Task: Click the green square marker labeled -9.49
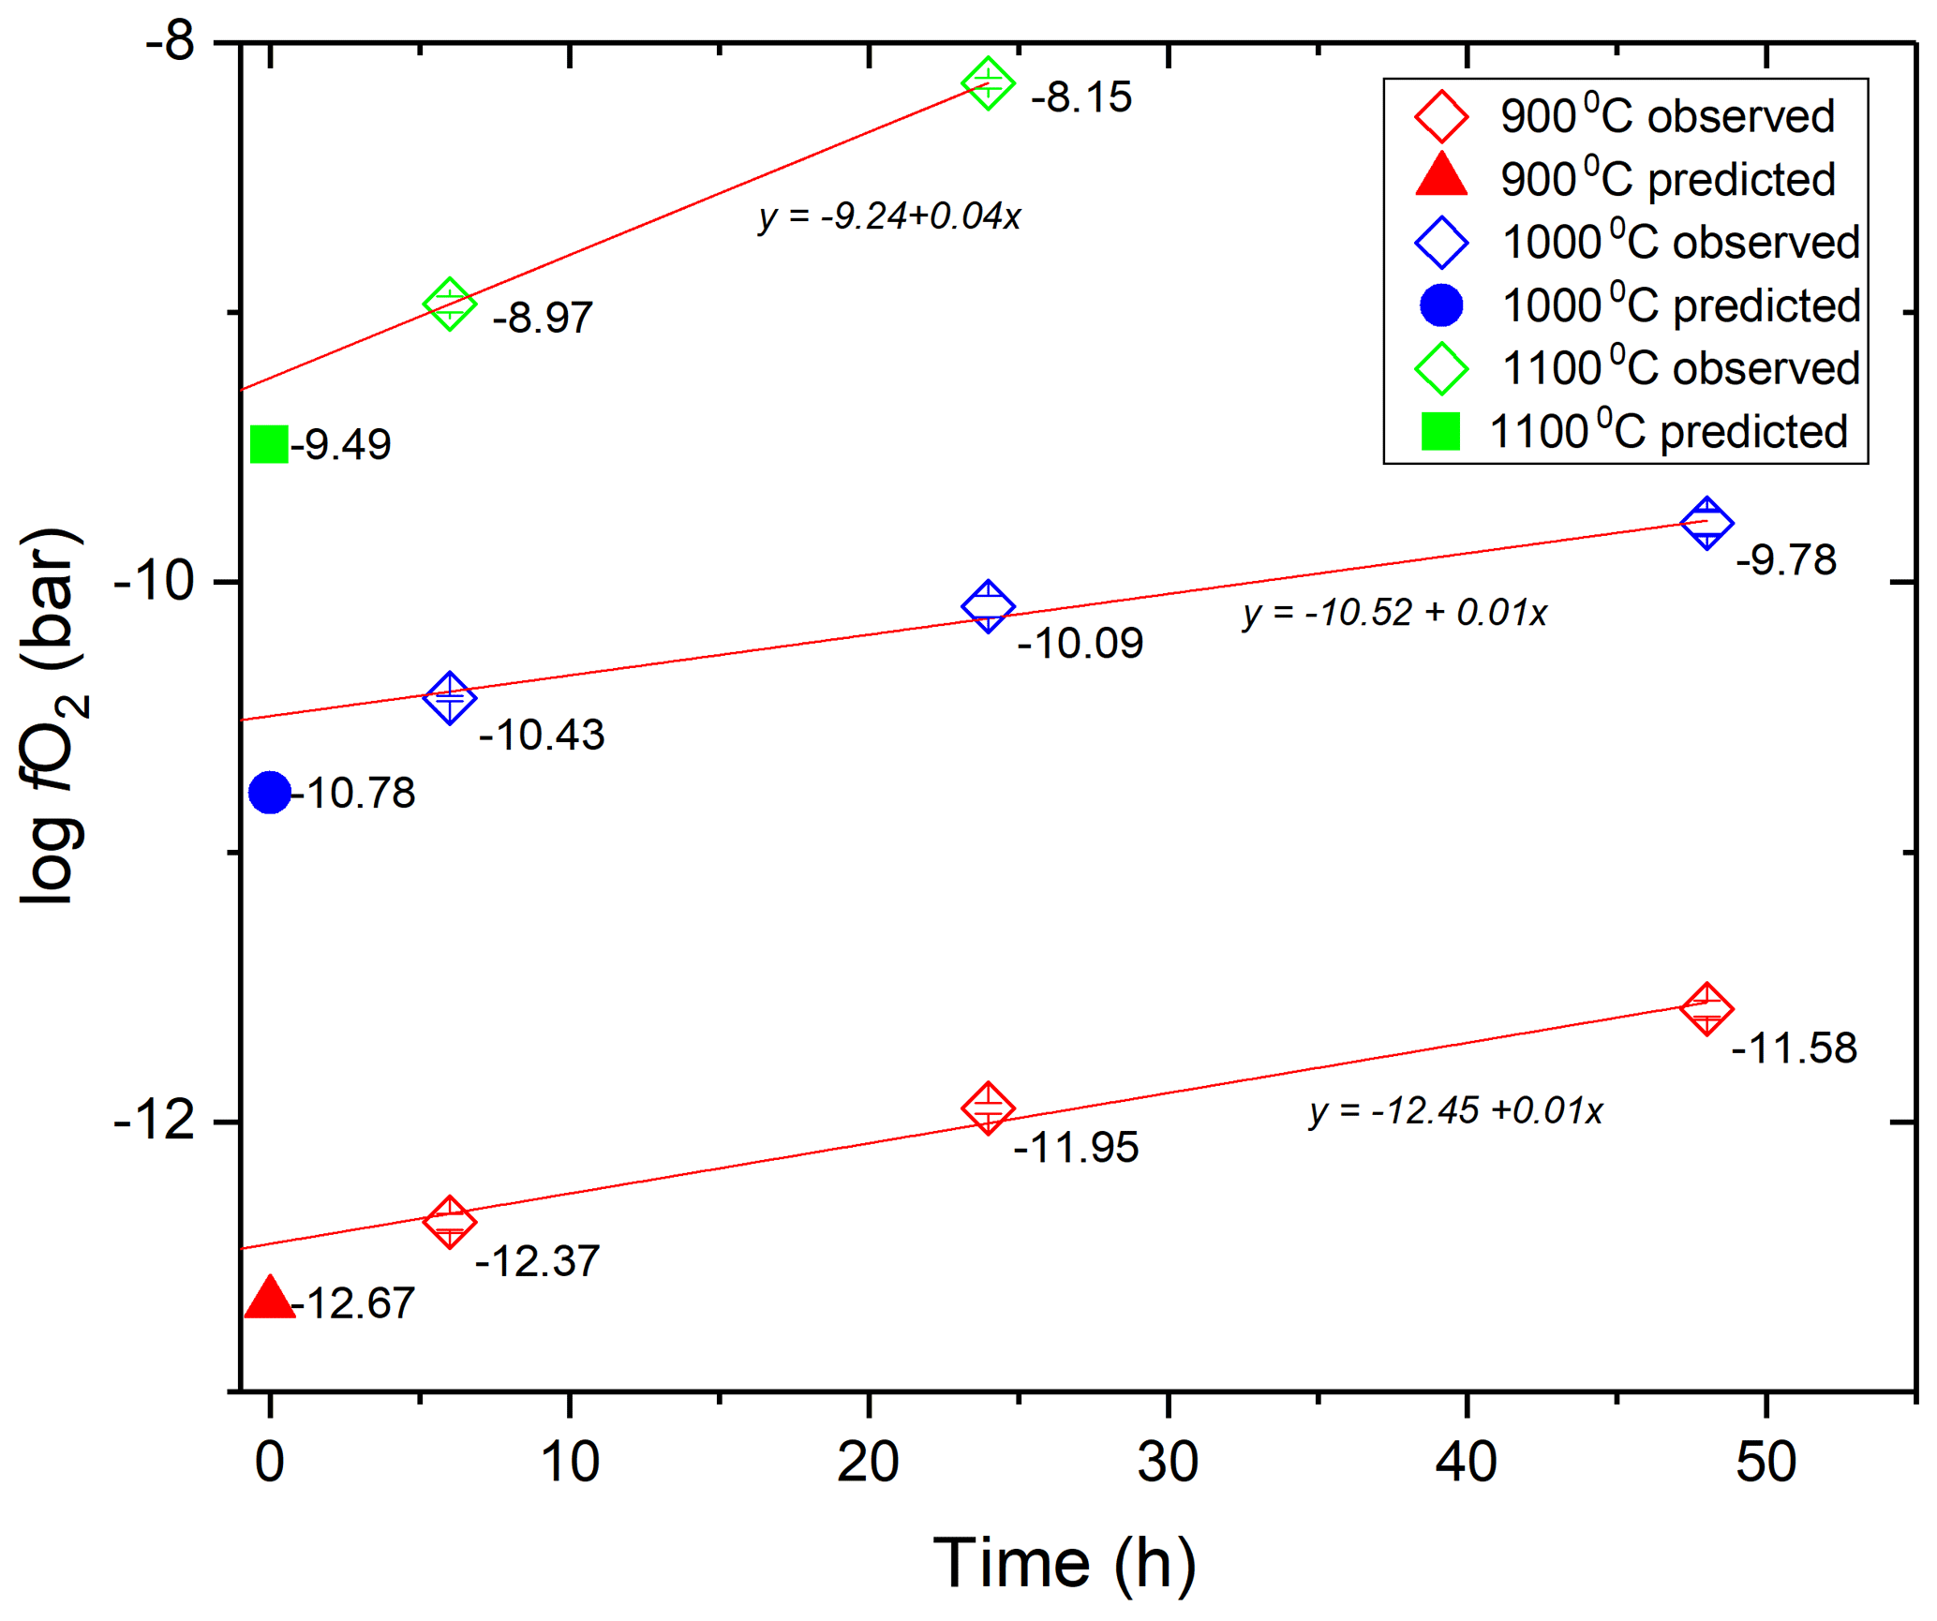(269, 444)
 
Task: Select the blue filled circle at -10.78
(270, 793)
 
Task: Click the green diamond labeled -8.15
(988, 83)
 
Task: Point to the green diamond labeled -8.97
(450, 304)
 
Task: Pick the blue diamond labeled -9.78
(1706, 523)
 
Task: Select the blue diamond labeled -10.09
(988, 606)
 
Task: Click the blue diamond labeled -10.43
(450, 697)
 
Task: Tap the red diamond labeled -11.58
(1706, 1009)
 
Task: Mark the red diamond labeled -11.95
(988, 1108)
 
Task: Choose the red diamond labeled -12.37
(450, 1222)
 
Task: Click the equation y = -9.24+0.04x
(889, 216)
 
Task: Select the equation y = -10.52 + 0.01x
(1394, 613)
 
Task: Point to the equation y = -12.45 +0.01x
(1455, 1110)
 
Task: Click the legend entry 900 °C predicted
(1625, 178)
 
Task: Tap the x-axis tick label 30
(1168, 1462)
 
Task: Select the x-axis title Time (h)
(1065, 1563)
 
